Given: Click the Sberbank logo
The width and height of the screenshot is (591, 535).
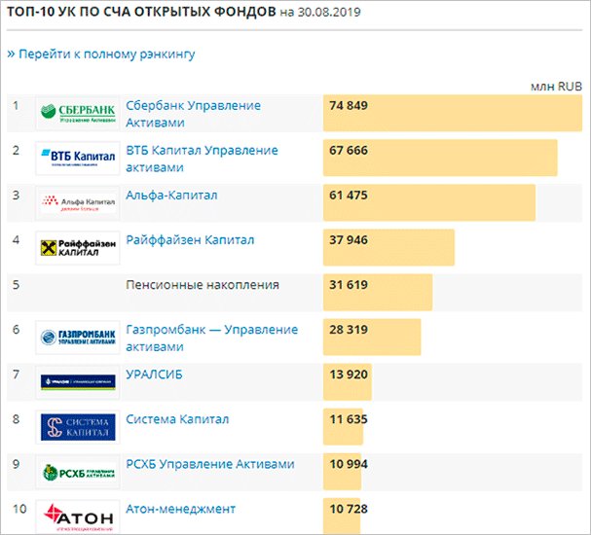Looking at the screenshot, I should tap(78, 113).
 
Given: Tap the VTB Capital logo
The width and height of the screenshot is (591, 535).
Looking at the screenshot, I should tap(78, 158).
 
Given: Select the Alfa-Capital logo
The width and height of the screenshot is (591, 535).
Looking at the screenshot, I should tap(78, 202).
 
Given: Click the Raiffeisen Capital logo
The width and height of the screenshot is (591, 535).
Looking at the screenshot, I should tap(78, 247).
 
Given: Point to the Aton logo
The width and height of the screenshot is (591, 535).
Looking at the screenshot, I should tap(78, 516).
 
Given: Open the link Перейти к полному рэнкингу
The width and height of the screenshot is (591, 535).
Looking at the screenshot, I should tap(101, 53).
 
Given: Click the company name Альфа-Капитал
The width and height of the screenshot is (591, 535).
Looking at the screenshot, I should tap(171, 196).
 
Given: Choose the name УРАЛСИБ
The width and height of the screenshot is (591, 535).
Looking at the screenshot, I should tap(155, 374).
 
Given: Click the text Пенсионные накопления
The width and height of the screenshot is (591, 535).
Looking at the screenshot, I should tap(203, 285).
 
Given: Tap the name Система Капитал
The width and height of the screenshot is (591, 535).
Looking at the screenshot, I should tap(177, 419).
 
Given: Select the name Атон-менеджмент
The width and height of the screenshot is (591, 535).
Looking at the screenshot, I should tap(181, 509).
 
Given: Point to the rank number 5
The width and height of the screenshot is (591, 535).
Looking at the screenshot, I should tap(16, 285).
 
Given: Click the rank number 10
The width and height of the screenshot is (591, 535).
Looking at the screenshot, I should tap(18, 509).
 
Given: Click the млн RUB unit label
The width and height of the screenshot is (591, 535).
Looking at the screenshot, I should tap(556, 86).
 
